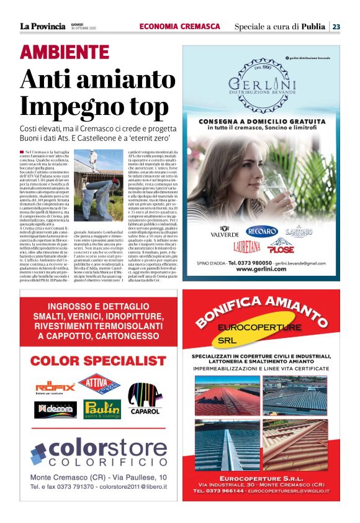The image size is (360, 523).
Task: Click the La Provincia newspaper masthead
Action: tap(43, 26)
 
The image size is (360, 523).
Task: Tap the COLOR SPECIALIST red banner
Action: tap(99, 360)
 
